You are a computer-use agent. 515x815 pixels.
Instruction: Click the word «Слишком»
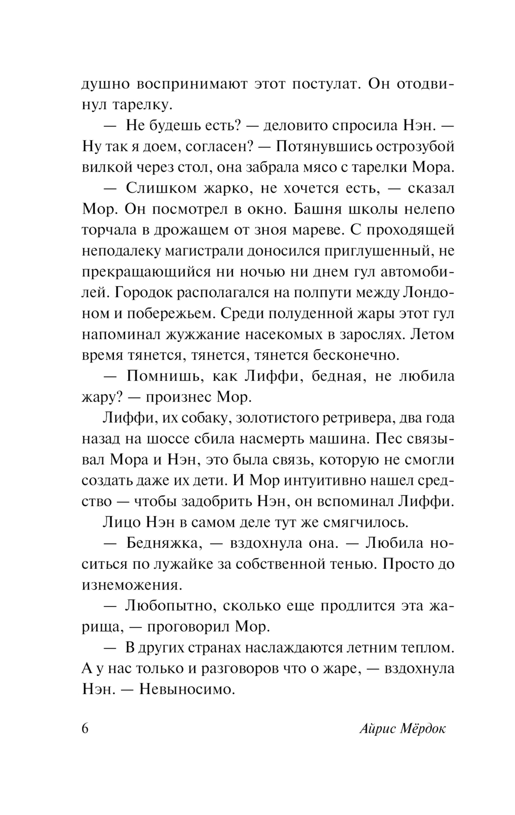[x=161, y=188]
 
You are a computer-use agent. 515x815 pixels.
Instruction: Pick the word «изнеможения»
[x=132, y=585]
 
